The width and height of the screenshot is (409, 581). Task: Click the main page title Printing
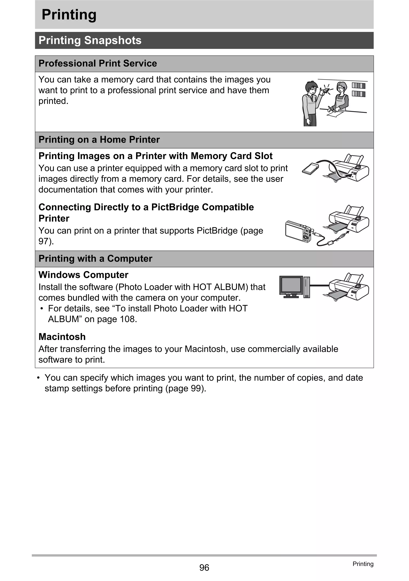point(69,15)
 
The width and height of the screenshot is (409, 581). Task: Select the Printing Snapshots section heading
point(90,41)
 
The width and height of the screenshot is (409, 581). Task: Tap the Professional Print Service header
point(97,63)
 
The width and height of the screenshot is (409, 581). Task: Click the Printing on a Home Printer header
point(99,140)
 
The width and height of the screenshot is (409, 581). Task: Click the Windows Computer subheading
point(83,275)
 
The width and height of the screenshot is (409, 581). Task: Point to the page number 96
point(204,568)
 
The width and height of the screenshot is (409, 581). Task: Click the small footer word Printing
point(363,564)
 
